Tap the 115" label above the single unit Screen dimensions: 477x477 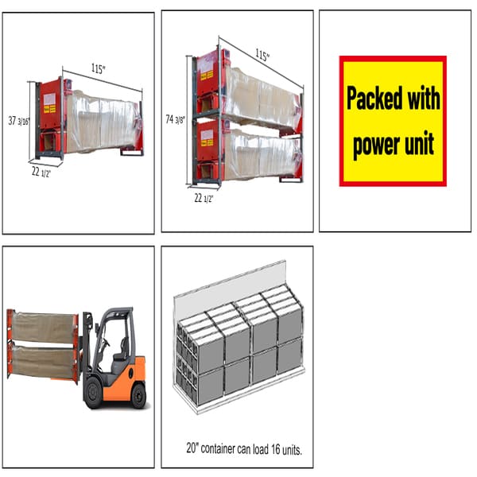[x=99, y=69]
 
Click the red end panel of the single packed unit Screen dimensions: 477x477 [x=48, y=116]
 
